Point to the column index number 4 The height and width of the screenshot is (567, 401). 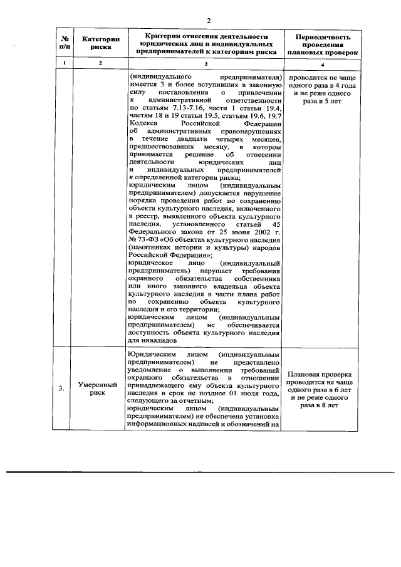pos(321,65)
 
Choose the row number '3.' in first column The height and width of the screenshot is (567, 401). pos(61,388)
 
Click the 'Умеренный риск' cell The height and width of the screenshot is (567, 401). pos(101,388)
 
